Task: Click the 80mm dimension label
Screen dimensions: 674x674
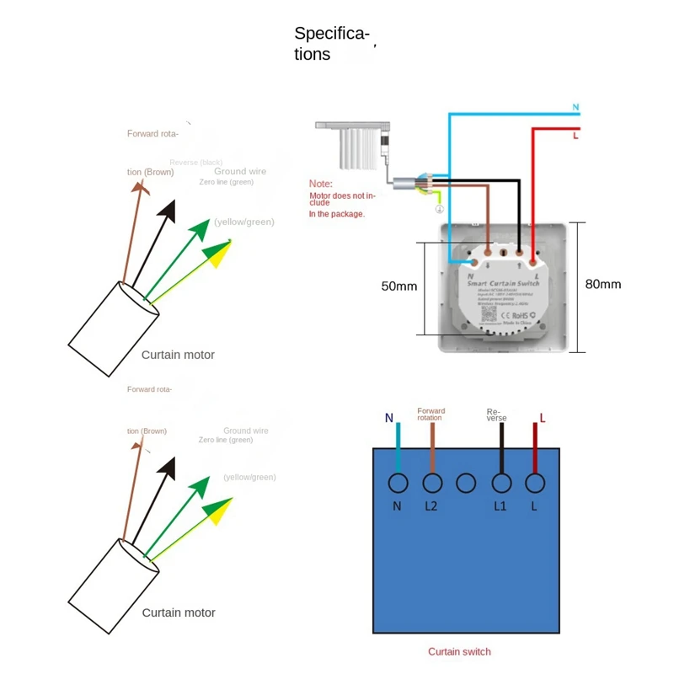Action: coord(603,284)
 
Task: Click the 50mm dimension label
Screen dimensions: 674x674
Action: coord(399,286)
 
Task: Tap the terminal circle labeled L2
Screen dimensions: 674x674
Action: coord(432,484)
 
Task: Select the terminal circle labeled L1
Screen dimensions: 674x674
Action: coord(501,484)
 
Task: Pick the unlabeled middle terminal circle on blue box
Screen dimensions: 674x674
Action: coord(467,484)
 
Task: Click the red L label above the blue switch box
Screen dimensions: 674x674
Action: coord(543,417)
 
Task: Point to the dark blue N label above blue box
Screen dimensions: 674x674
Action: coord(388,418)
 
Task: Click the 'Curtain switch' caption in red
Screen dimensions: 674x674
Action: coord(459,651)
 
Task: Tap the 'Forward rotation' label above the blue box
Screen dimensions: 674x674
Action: coord(431,415)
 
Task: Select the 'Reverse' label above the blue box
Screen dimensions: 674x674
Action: coord(496,415)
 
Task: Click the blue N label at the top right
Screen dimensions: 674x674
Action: coord(576,108)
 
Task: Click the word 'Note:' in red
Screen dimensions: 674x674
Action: coord(320,183)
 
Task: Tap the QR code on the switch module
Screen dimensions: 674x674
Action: coord(489,314)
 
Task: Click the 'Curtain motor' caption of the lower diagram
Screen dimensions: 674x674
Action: coord(178,612)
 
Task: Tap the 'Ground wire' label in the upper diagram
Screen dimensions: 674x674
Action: coord(239,171)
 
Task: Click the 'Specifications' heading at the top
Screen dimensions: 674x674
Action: coord(331,44)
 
